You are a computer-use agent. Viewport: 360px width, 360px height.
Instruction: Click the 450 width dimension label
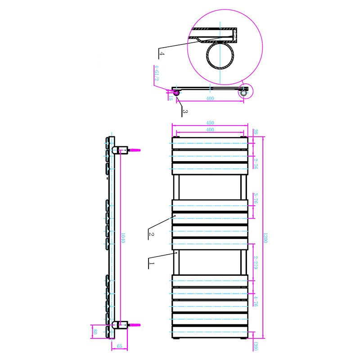click(210, 123)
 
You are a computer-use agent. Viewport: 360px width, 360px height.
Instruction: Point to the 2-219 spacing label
click(255, 262)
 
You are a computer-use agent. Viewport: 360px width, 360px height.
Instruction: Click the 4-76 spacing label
click(255, 301)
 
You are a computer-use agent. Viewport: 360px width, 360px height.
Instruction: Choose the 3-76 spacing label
click(255, 199)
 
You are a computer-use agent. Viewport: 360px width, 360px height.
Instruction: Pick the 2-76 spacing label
click(255, 163)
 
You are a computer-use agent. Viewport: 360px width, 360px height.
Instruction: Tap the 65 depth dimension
click(119, 346)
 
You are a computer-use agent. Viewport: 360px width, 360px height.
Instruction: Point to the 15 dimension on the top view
click(170, 97)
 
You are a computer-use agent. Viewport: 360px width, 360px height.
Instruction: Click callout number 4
click(162, 54)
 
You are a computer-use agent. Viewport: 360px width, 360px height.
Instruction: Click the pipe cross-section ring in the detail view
click(220, 56)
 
